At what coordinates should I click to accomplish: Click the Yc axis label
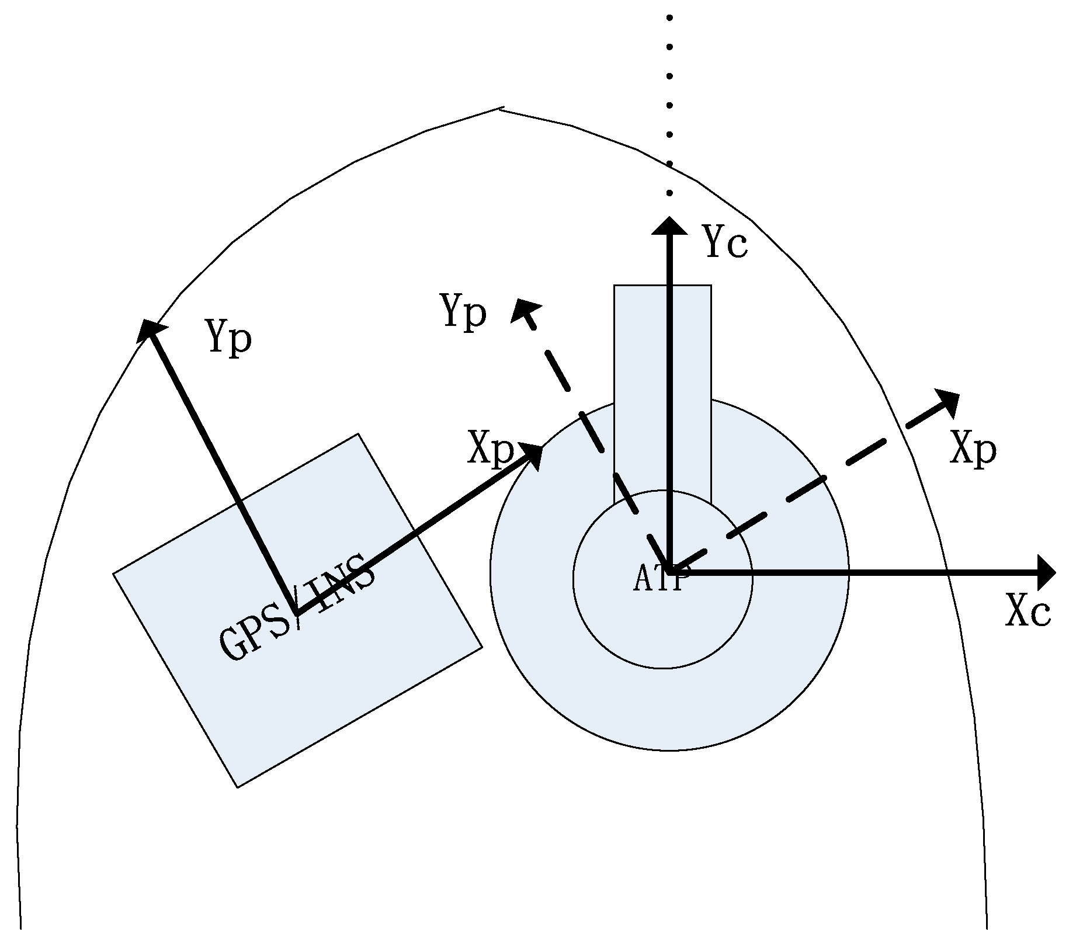(x=725, y=242)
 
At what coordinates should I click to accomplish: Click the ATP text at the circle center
(x=659, y=579)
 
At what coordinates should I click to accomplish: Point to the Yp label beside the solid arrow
(x=229, y=338)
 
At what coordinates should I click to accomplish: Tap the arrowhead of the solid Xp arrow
(x=532, y=455)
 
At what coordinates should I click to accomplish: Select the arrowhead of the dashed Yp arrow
(x=522, y=310)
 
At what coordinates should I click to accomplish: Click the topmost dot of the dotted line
(x=669, y=18)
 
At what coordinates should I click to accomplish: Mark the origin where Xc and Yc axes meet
(x=669, y=572)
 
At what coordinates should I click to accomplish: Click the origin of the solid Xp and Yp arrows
(x=297, y=613)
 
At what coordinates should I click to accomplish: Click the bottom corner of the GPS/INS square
(x=238, y=787)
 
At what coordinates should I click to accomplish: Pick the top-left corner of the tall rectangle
(x=615, y=286)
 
